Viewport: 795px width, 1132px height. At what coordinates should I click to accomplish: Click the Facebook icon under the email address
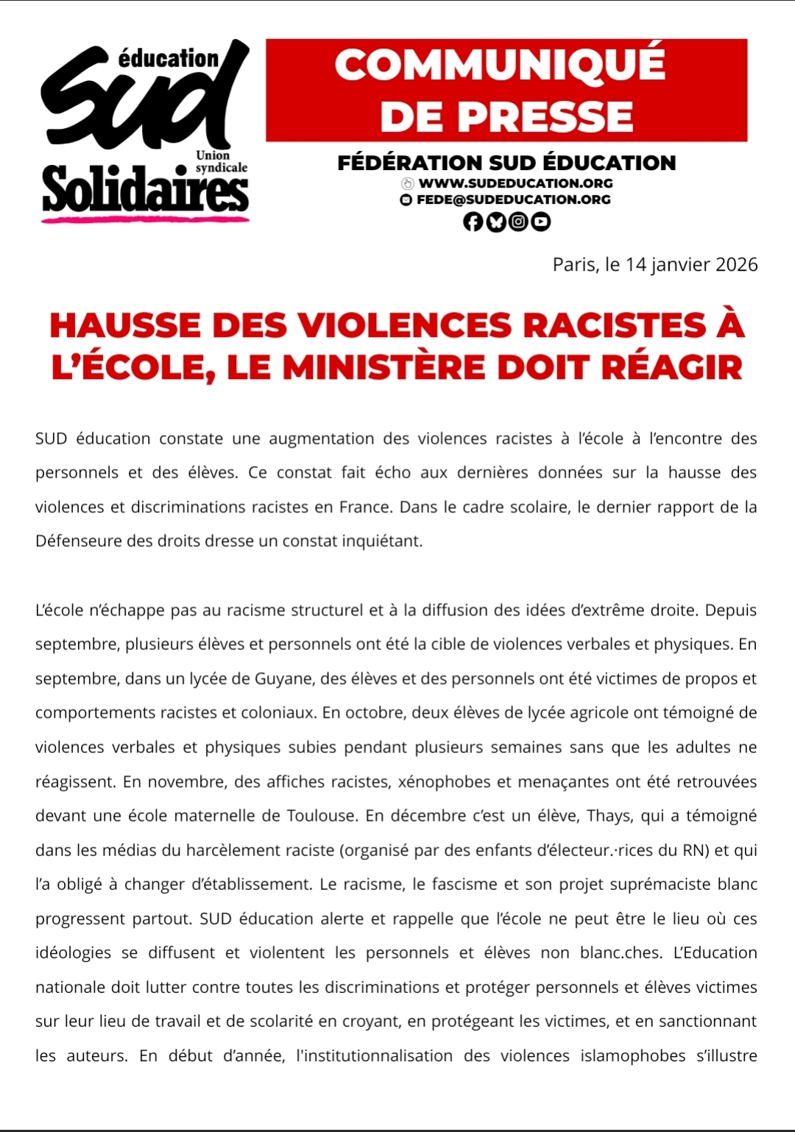pos(473,222)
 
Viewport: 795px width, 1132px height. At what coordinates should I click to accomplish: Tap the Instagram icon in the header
pos(519,222)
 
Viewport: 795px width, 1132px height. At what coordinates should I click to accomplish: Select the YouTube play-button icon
pos(541,222)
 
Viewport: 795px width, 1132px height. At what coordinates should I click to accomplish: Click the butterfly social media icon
pos(496,222)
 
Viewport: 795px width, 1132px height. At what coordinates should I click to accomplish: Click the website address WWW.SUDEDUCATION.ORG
pos(515,183)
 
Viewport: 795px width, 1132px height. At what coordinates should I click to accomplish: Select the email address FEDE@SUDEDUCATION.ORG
pos(513,199)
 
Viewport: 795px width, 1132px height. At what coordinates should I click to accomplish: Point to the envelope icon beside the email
pos(406,199)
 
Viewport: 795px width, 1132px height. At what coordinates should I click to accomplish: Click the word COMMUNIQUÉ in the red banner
pos(500,65)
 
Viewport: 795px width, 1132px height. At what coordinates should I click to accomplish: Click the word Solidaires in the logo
pos(145,190)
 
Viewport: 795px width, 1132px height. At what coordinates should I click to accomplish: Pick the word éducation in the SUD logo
pos(169,58)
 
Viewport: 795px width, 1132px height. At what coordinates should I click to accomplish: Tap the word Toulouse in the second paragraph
pos(321,816)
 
